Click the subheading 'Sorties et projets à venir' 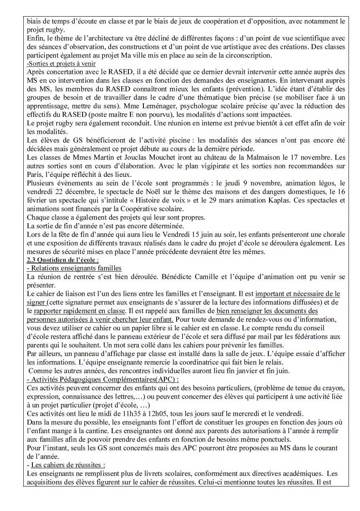61,63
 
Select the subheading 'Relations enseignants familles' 74,269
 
